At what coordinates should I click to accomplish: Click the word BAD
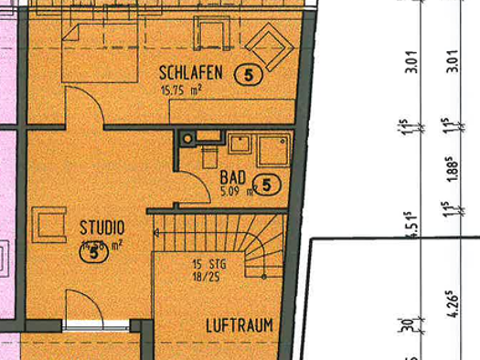click(234, 178)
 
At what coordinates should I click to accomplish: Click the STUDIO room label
click(102, 226)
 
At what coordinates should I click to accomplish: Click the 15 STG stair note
click(208, 264)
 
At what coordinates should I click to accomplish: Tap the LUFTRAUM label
click(240, 324)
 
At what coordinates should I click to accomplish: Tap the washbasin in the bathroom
click(241, 144)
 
